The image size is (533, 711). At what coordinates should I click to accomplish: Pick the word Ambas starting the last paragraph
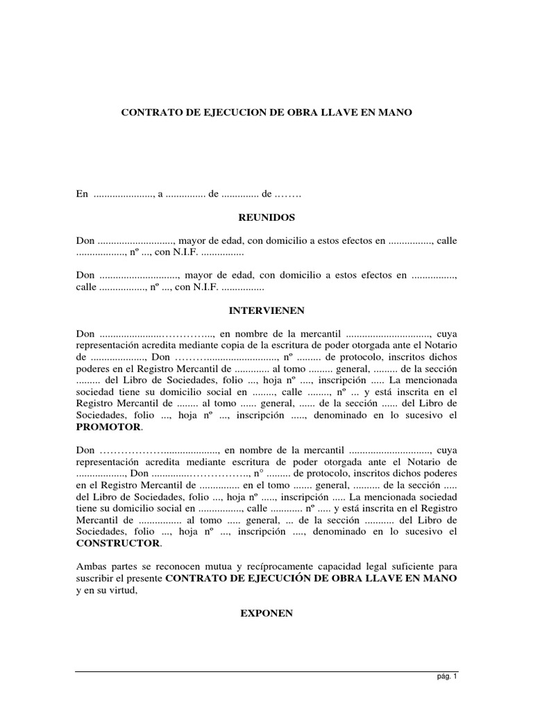point(90,566)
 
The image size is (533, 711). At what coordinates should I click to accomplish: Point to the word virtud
point(126,589)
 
